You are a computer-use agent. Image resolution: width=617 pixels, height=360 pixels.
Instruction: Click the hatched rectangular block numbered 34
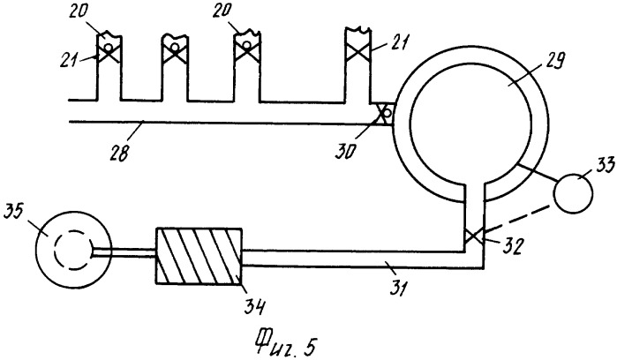[199, 256]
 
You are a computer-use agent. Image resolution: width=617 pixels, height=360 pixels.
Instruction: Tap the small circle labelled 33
[573, 193]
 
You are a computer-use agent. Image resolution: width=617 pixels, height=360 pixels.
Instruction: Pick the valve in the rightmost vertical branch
[357, 51]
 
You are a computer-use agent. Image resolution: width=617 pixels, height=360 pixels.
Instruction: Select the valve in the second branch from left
[174, 51]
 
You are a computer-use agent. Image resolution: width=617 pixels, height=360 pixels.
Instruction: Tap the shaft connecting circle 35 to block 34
[124, 253]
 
